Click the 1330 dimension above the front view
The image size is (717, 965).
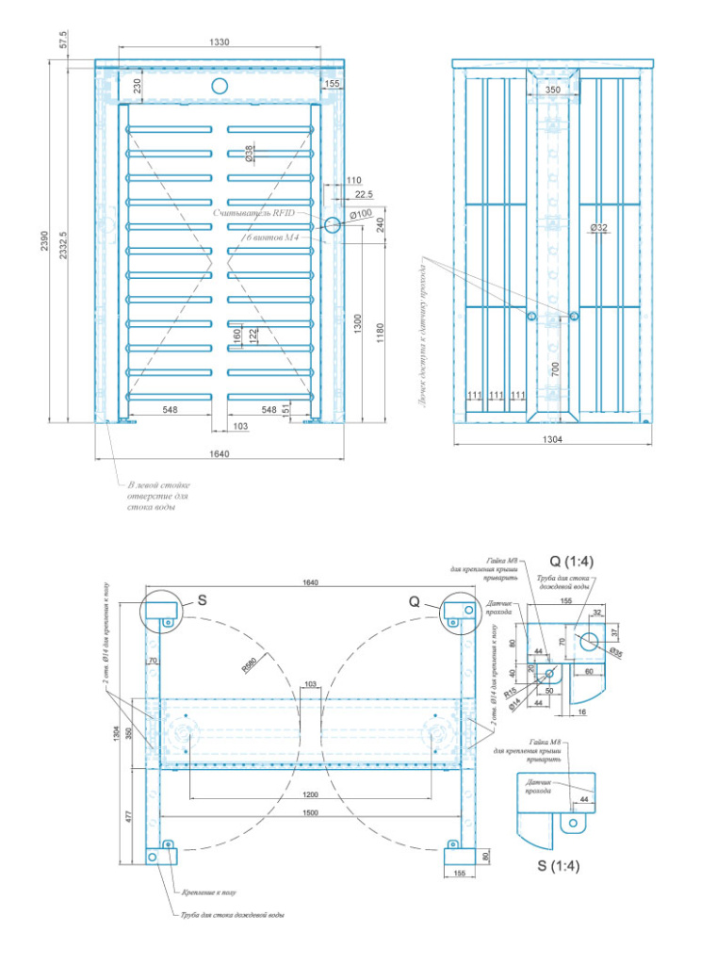point(220,41)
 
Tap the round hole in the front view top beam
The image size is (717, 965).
point(220,86)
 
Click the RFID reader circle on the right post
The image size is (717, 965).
point(333,225)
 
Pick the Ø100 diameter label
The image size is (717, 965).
point(359,215)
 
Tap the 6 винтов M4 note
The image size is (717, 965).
point(272,237)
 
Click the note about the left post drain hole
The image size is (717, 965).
point(152,495)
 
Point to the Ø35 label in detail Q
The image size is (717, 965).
point(616,651)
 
